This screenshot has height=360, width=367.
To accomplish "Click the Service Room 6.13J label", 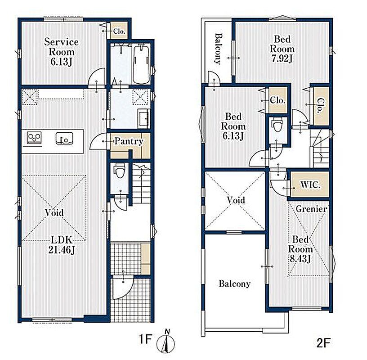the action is pyautogui.click(x=61, y=52).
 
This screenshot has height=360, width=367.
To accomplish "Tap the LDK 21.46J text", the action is pyautogui.click(x=62, y=245).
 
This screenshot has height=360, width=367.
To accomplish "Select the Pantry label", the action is pyautogui.click(x=129, y=141).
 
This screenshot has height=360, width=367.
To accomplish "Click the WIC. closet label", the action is pyautogui.click(x=311, y=185).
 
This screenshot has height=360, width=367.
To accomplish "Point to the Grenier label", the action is pyautogui.click(x=311, y=209).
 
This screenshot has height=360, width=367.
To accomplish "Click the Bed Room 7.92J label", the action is pyautogui.click(x=282, y=49).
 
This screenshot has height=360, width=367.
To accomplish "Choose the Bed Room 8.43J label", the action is pyautogui.click(x=300, y=249).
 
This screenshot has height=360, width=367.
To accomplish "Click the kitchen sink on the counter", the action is pyautogui.click(x=64, y=138).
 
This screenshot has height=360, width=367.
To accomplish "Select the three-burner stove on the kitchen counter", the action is pyautogui.click(x=34, y=138).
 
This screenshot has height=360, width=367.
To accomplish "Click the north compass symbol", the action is pyautogui.click(x=166, y=343).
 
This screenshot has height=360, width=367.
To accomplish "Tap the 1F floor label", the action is pyautogui.click(x=146, y=339).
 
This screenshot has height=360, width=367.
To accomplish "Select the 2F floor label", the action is pyautogui.click(x=323, y=343).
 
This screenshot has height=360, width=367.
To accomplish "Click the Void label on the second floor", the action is pyautogui.click(x=236, y=200).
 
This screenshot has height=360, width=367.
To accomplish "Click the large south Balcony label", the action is pyautogui.click(x=235, y=284).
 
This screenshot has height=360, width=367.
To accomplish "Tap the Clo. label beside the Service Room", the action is pyautogui.click(x=119, y=31).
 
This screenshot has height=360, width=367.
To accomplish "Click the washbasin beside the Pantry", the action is pyautogui.click(x=143, y=118).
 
